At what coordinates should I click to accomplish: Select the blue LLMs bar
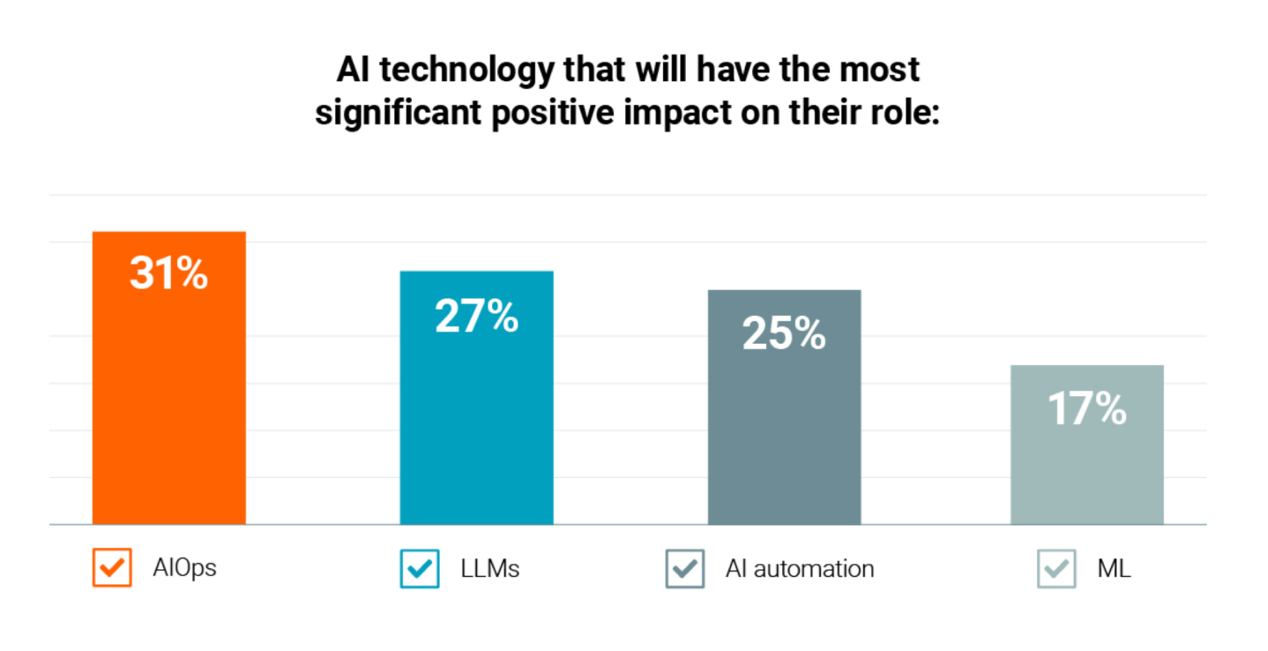point(476,423)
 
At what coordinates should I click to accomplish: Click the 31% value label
point(169,273)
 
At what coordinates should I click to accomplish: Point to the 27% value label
point(476,316)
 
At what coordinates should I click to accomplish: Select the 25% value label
point(784,333)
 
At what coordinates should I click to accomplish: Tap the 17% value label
point(1086,408)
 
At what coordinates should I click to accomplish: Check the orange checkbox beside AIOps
point(112,567)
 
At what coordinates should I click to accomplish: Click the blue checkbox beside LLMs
point(419,568)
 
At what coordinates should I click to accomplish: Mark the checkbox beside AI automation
point(685,568)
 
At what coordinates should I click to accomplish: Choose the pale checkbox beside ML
point(1055,568)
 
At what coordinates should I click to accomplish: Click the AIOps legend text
point(184,568)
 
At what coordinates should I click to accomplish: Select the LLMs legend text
point(490,568)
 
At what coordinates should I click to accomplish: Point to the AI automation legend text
point(800,568)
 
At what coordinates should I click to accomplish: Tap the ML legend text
point(1114,568)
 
